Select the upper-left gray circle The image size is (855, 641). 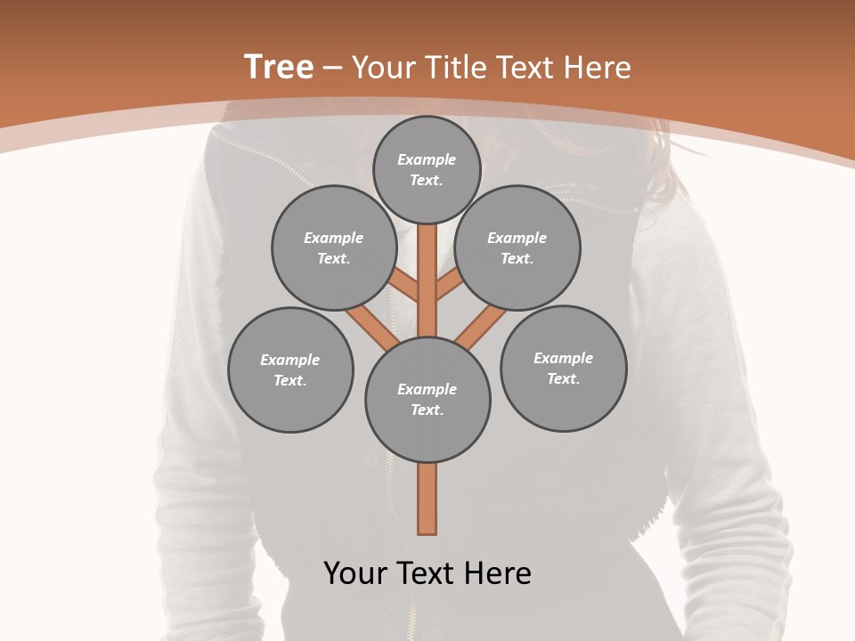pos(334,247)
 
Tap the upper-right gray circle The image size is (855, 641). pos(517,247)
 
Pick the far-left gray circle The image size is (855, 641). pos(290,369)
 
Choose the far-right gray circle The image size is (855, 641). pos(564,368)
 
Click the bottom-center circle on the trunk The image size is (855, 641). pos(427,399)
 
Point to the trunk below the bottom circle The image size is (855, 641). pos(427,499)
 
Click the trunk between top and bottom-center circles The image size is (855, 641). pos(427,280)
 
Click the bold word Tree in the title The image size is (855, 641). pos(279,68)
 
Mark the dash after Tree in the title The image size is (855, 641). pos(332,68)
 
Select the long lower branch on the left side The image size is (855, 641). pos(372,327)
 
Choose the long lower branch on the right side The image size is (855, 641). pos(482,327)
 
